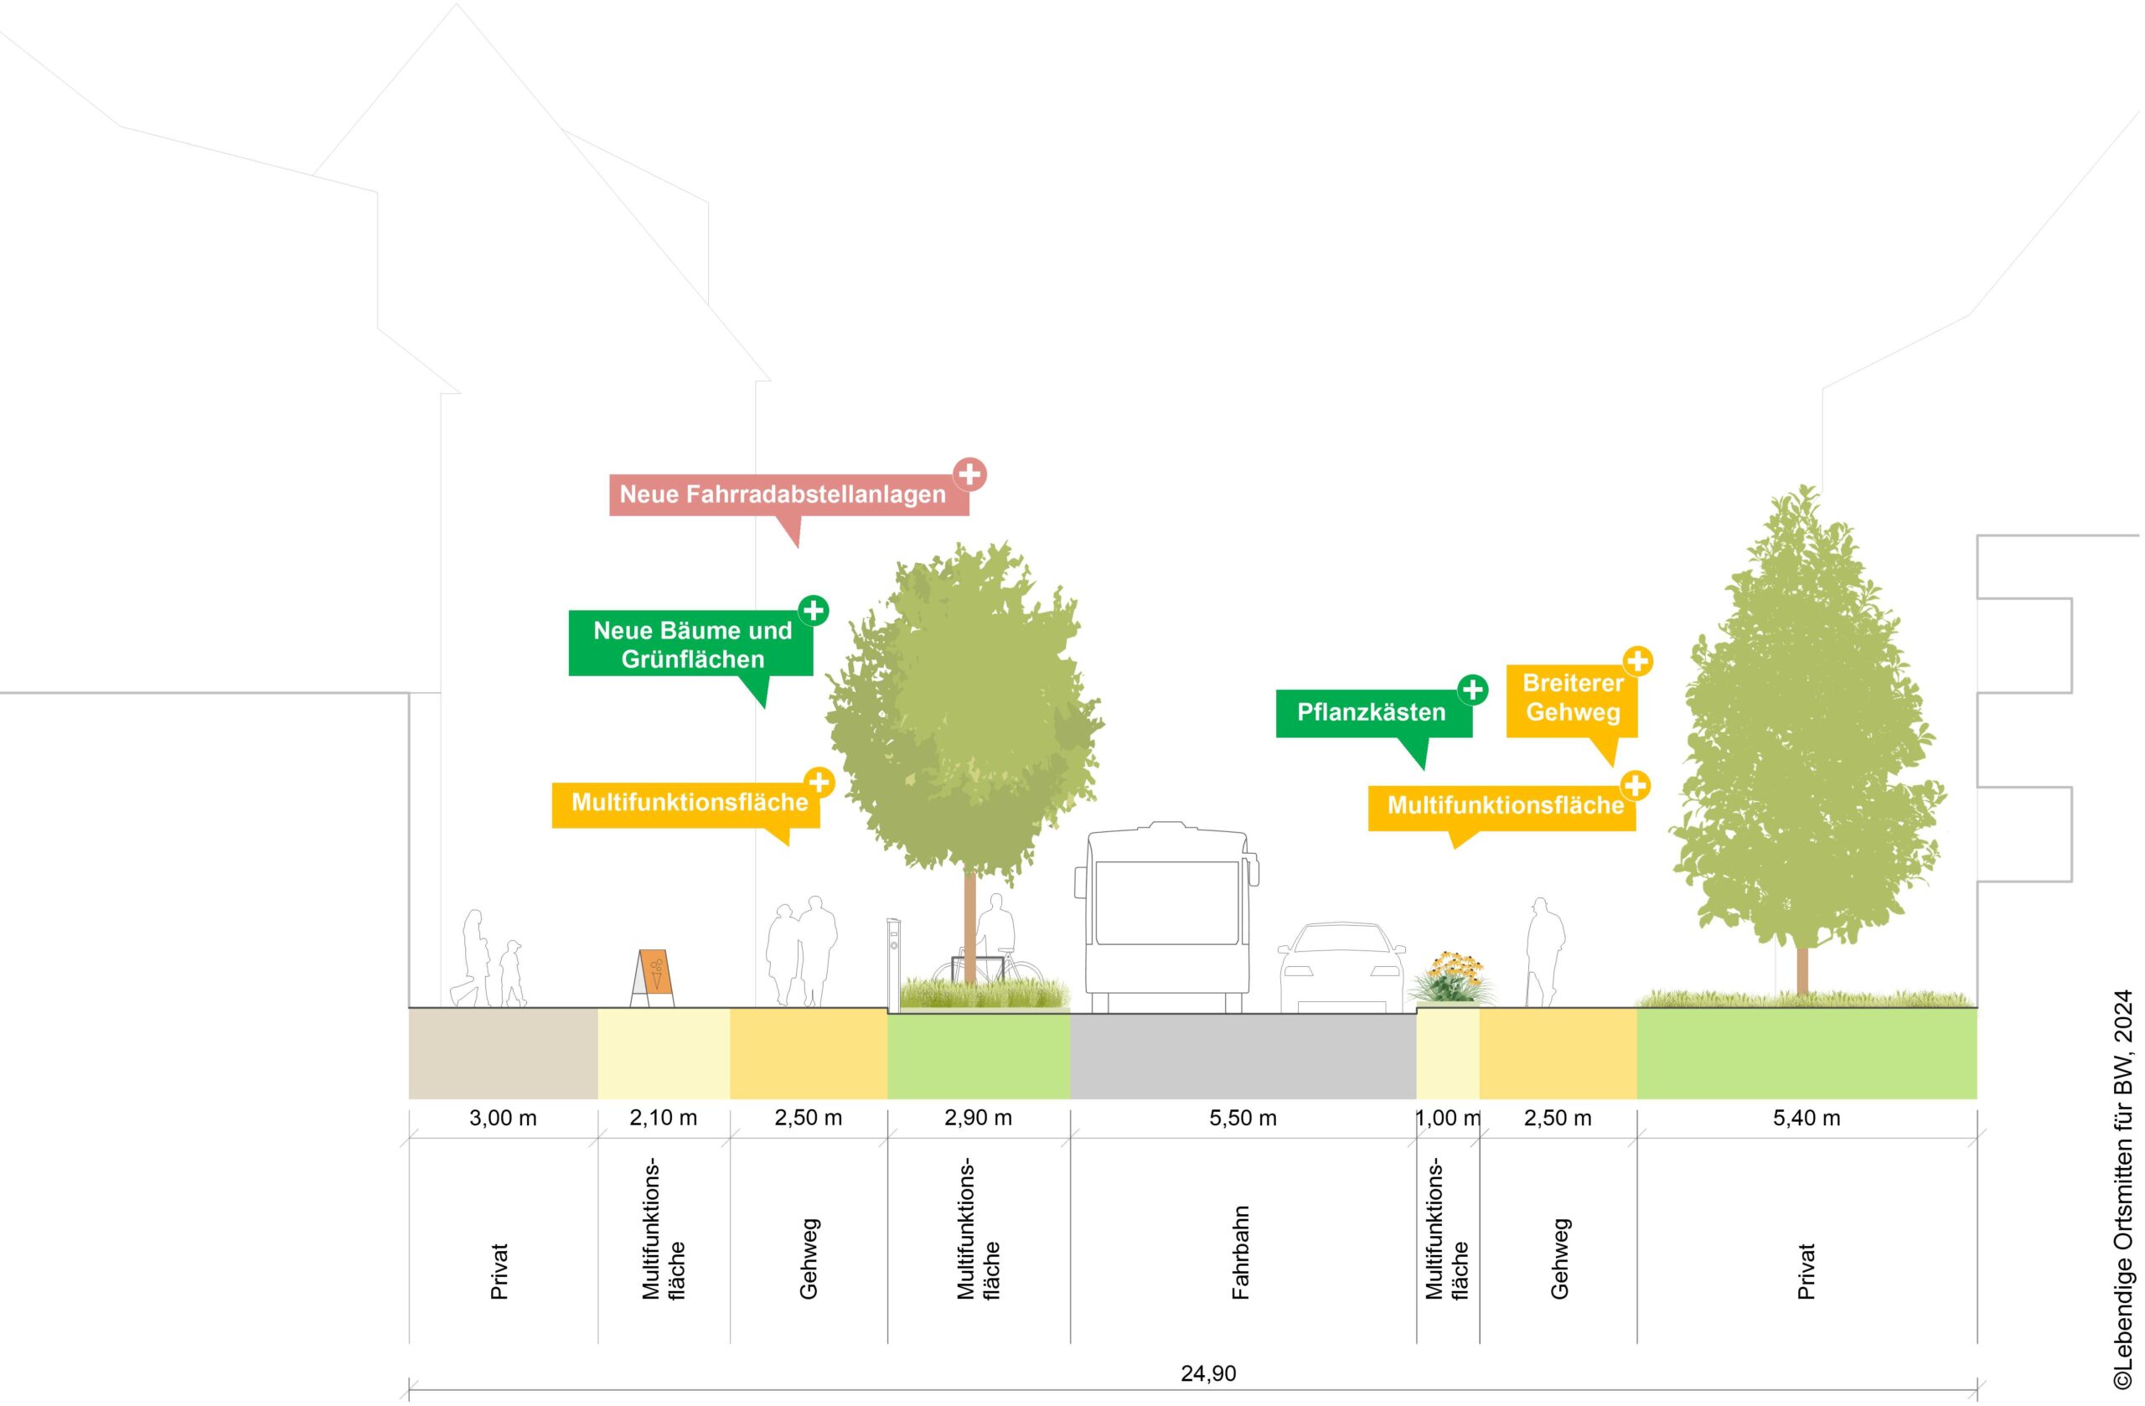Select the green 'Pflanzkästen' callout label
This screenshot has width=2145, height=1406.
pos(1372,713)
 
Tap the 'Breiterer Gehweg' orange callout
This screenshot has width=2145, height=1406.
pos(1573,698)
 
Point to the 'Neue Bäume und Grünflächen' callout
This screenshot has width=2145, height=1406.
pos(691,644)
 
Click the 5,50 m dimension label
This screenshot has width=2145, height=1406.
pos(1243,1119)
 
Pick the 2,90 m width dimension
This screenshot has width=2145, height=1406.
pos(978,1119)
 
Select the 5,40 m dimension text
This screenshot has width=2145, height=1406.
pos(1806,1119)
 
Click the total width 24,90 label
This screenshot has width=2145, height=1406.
pos(1208,1373)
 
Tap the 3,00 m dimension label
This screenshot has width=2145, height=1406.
pos(503,1119)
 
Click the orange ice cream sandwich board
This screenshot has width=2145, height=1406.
pos(654,977)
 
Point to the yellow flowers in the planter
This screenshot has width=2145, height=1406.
pos(1450,972)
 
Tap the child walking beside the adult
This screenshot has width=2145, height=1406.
pos(512,974)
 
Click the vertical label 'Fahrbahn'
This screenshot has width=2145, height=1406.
pos(1241,1253)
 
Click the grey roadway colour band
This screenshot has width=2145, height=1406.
pos(1243,1053)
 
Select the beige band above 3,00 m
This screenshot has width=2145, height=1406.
pos(503,1053)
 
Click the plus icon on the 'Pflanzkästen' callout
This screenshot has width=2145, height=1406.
pos(1473,690)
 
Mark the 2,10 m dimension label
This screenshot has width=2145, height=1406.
pos(664,1119)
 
